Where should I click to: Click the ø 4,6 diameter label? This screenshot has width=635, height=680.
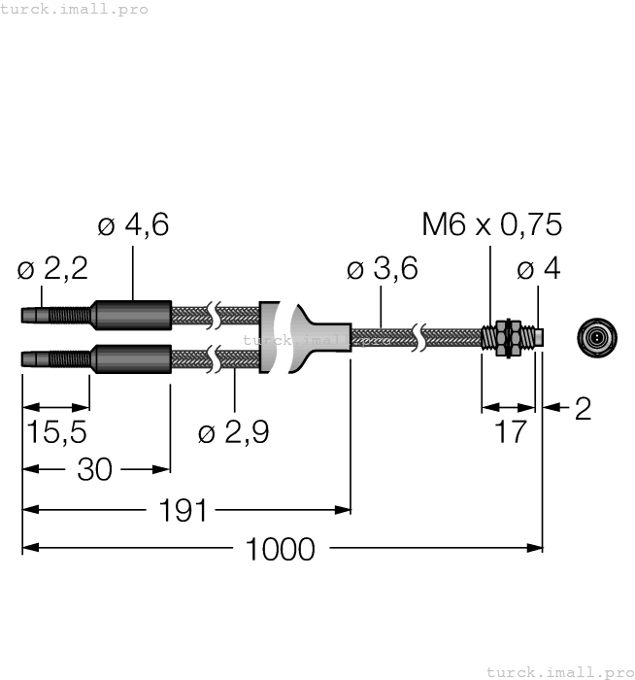point(134,225)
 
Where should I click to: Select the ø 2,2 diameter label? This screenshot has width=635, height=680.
point(52,269)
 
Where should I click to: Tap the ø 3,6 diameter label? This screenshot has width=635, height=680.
point(382,269)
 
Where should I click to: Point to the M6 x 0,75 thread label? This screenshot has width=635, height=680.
point(491,225)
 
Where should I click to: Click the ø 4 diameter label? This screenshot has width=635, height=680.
point(539,269)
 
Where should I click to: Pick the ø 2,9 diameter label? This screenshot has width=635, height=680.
point(233,433)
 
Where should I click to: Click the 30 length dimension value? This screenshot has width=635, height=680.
point(94,470)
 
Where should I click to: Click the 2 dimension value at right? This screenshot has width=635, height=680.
point(583,409)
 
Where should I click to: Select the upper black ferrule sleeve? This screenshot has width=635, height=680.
point(131,316)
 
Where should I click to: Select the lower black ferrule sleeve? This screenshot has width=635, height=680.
point(131,358)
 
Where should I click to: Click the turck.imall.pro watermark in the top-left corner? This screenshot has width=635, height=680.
point(75,9)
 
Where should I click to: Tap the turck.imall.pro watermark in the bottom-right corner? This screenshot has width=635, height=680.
point(558,671)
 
